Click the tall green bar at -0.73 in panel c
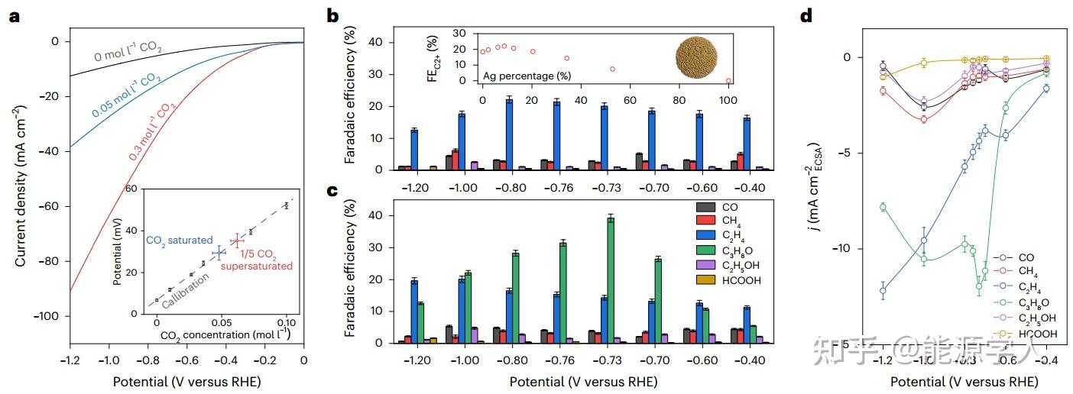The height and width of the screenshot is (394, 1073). tap(610, 279)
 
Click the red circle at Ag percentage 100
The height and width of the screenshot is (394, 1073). tap(728, 80)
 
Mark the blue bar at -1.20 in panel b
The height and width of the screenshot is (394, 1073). tap(414, 150)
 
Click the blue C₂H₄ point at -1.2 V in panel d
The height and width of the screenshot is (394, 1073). tap(883, 291)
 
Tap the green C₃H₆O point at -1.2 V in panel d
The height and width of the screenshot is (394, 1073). tap(883, 207)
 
